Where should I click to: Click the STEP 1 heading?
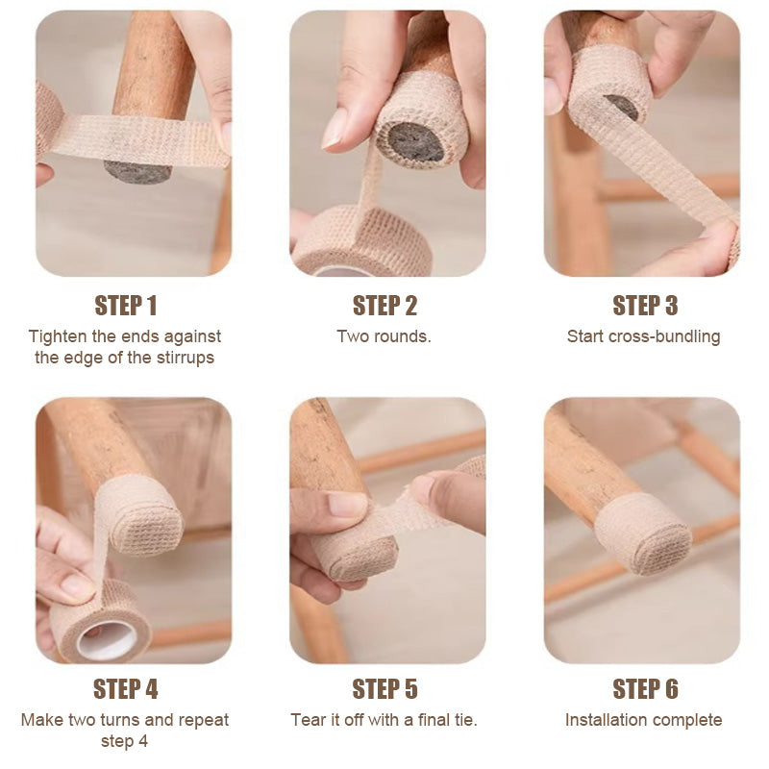(126, 306)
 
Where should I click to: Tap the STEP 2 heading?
(384, 306)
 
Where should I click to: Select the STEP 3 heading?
(645, 306)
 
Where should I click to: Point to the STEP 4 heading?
(126, 689)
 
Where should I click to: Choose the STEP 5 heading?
(384, 689)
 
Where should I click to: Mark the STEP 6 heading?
(645, 689)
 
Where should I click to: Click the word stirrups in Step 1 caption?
(186, 358)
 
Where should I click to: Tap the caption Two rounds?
(384, 336)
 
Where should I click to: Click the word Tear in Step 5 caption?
(307, 720)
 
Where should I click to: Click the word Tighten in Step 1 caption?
(58, 337)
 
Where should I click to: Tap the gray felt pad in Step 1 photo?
(137, 173)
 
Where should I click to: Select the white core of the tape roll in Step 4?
(108, 640)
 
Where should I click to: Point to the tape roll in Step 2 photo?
(363, 240)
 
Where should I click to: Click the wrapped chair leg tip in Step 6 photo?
(642, 533)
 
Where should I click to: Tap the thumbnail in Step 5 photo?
(347, 505)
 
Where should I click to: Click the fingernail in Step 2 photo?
(335, 129)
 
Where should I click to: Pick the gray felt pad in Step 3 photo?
(622, 107)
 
